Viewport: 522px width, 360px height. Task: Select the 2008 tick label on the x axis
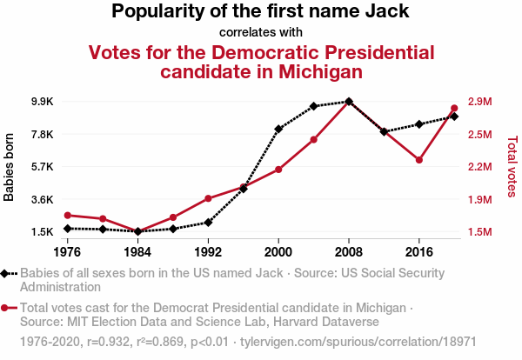(349, 252)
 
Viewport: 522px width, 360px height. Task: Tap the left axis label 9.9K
(41, 102)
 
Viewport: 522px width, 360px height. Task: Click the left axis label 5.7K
(41, 167)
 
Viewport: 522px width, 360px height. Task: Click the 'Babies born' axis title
(10, 167)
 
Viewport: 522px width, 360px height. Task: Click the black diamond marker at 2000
(278, 129)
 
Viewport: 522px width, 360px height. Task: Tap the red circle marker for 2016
(419, 160)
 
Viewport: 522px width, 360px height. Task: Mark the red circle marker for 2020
(454, 109)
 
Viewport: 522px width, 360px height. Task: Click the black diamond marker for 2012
(384, 131)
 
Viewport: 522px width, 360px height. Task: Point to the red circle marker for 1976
(67, 215)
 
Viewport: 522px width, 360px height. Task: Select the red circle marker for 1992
(208, 198)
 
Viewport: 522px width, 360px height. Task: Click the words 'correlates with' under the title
(261, 33)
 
